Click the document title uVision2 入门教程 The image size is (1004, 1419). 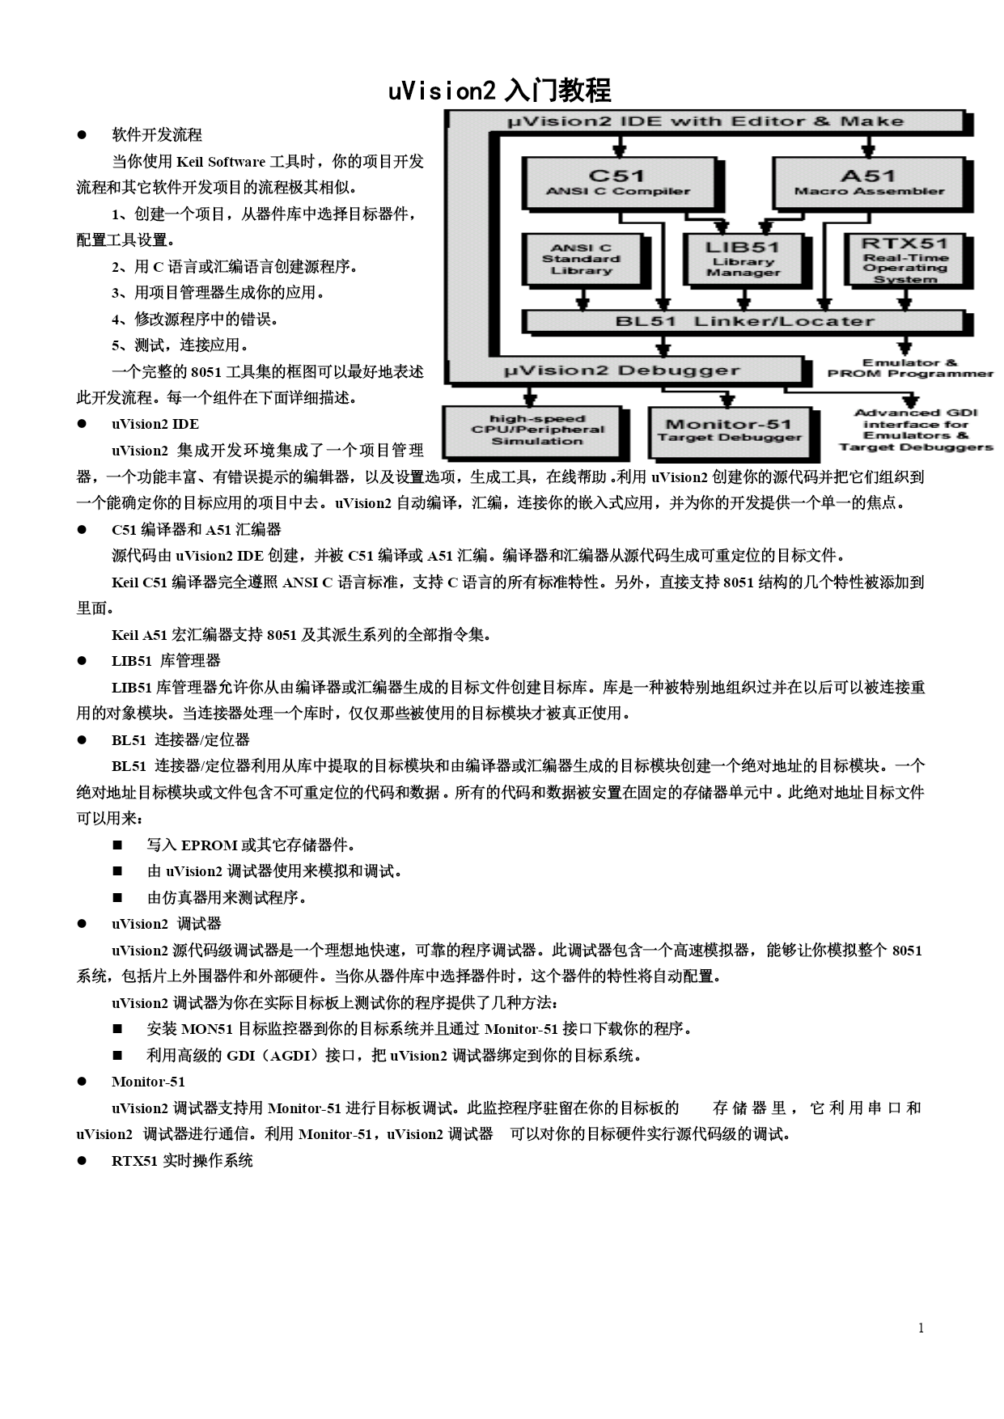pos(499,91)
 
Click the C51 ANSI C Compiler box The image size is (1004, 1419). pos(618,182)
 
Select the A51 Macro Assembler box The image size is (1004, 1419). pos(868,182)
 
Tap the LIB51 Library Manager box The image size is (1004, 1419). pos(743,259)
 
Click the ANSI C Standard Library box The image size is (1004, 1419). pos(582,259)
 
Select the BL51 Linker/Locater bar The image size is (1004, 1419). pos(743,321)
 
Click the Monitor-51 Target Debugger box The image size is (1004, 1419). pos(728,430)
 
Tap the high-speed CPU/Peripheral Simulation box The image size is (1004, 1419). pos(536,430)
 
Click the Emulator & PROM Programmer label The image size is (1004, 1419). pos(909,368)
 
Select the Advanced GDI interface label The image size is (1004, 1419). pos(915,430)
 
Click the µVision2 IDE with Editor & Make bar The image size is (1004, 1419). pos(704,121)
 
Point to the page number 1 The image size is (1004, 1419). pos(921,1328)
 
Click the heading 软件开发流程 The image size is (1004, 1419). pos(157,135)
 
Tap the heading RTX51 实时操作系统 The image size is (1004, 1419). pos(182,1161)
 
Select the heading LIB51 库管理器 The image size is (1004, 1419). pos(166,661)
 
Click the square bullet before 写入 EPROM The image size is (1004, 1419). pos(118,845)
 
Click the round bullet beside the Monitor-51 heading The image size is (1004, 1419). pos(82,1082)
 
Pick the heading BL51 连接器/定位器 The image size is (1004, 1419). pos(180,740)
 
